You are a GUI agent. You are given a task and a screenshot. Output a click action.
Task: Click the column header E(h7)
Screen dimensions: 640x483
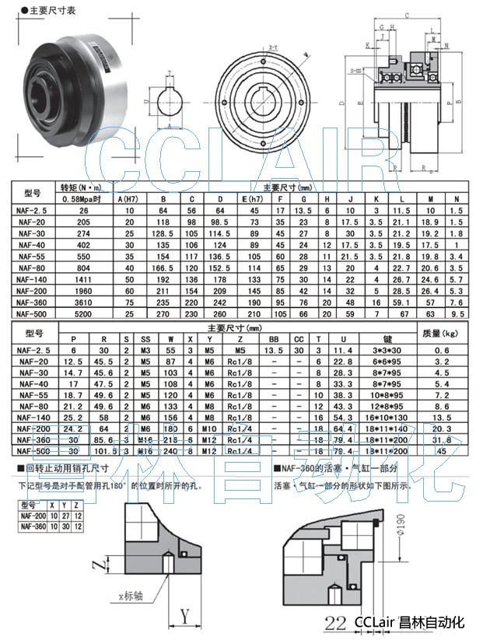pos(250,198)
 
